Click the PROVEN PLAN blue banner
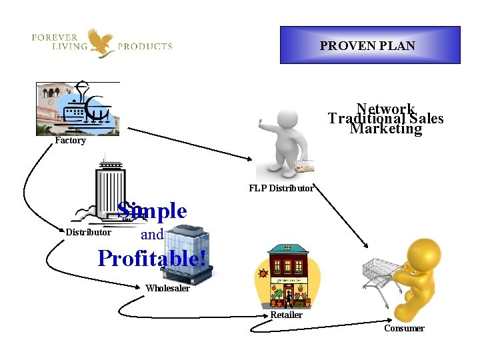pos(369,45)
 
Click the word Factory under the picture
pos(70,141)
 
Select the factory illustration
pos(78,108)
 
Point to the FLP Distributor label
pos(281,188)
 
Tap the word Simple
pos(152,211)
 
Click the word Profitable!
pos(152,258)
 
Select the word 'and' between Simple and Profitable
pos(152,235)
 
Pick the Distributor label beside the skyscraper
pos(88,233)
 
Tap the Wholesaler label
pos(167,289)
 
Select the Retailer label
pos(286,315)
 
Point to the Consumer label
pos(404,328)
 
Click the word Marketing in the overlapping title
pos(385,129)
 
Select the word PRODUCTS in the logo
pos(145,47)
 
